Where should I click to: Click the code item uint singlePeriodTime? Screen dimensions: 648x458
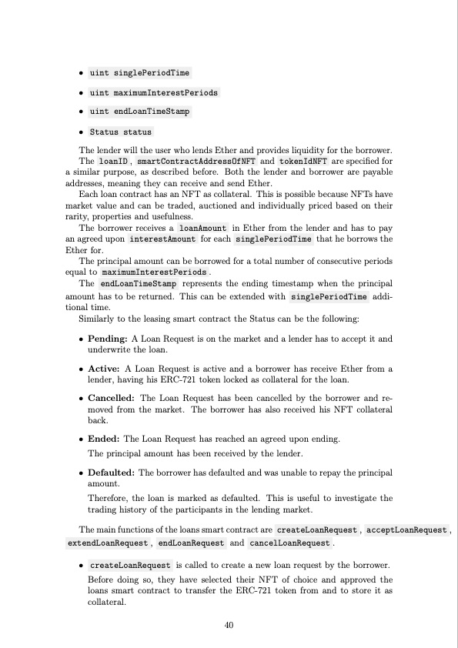(x=139, y=73)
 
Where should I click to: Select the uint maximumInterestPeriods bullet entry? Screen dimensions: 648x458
(x=153, y=92)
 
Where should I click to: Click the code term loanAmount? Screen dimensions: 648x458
(x=202, y=229)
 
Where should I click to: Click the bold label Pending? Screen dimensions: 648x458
(x=109, y=339)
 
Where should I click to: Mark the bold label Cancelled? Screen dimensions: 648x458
(x=112, y=398)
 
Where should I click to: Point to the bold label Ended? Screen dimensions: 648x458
(x=105, y=439)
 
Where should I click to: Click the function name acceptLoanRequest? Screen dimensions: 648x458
(x=406, y=530)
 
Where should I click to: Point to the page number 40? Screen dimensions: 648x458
(x=229, y=625)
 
